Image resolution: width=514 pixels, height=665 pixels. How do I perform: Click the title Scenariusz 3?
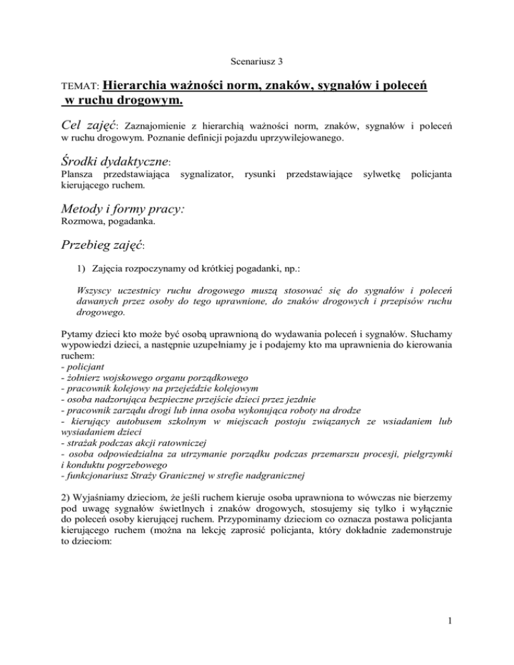click(x=257, y=60)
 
